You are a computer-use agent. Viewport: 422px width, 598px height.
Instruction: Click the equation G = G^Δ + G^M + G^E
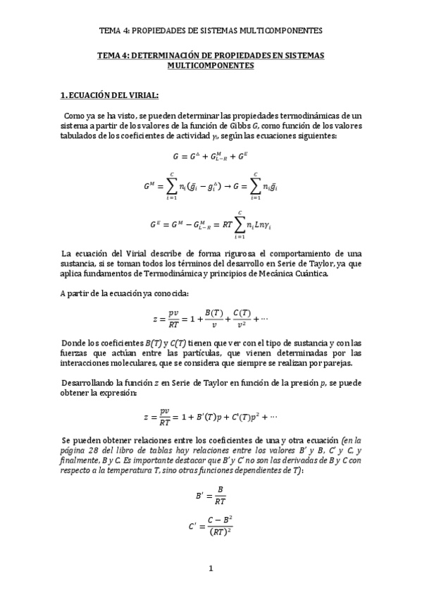tap(210, 157)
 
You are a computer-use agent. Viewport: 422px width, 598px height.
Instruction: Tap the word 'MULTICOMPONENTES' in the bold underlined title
tap(211, 65)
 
